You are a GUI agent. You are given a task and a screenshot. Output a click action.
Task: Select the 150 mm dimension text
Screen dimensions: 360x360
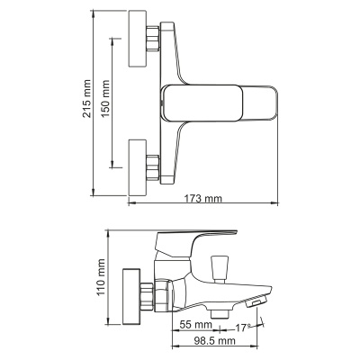point(105,98)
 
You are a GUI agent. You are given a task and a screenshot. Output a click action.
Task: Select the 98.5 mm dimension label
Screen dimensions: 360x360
point(214,341)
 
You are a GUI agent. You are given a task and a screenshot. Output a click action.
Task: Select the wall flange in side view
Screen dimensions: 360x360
point(131,294)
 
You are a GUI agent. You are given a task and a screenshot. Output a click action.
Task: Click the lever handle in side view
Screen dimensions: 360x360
point(202,238)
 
